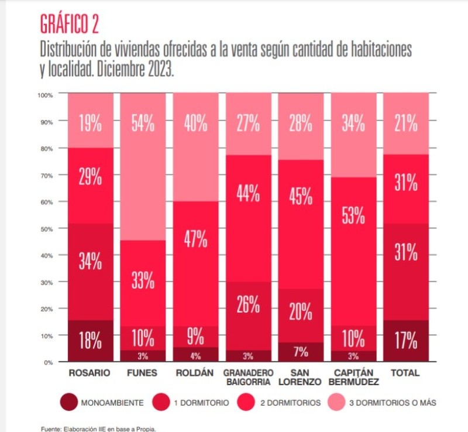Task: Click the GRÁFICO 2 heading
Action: point(69,24)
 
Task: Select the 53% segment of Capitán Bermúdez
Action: point(353,215)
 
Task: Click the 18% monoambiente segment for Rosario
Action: point(91,340)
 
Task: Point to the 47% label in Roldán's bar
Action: point(195,239)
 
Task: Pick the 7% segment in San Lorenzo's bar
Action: point(301,352)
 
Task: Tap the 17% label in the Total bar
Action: point(406,340)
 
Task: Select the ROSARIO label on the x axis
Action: point(90,373)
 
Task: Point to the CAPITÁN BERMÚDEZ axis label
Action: point(353,378)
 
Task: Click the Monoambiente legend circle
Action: point(68,402)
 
